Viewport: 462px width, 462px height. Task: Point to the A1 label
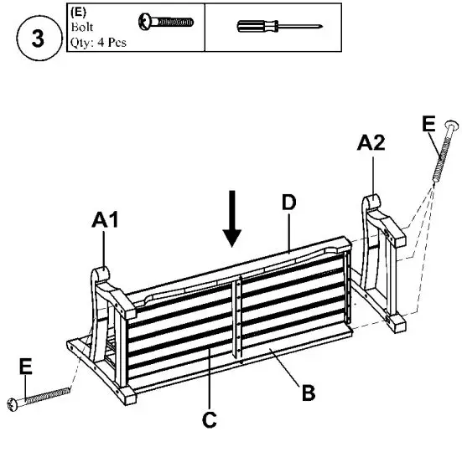pos(106,221)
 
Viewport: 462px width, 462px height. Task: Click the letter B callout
pos(309,392)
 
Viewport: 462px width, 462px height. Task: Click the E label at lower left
pos(25,366)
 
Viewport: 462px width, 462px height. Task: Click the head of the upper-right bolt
pos(453,126)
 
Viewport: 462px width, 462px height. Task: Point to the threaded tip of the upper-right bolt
pos(435,177)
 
